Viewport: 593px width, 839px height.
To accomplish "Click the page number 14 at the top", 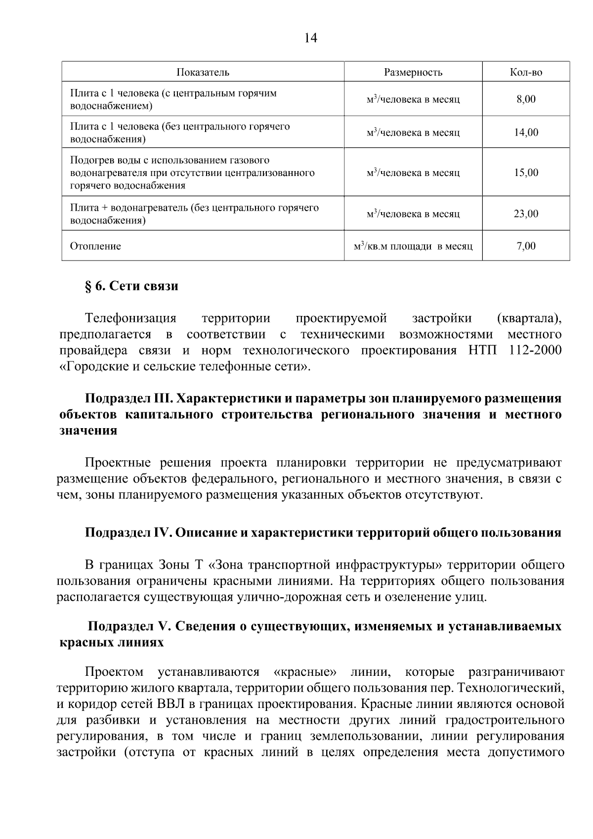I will (311, 38).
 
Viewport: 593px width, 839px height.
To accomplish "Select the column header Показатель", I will (203, 72).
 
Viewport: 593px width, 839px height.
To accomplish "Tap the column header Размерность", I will (413, 72).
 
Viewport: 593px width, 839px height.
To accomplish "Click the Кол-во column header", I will (526, 72).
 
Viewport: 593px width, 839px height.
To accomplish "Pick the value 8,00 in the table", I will (526, 99).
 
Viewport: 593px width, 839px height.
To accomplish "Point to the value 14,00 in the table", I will (526, 132).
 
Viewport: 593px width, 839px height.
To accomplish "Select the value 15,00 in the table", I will (526, 173).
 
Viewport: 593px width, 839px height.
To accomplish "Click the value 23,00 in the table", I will (526, 214).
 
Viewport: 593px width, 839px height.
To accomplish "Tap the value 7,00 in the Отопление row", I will (526, 246).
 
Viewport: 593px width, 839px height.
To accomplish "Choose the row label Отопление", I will (95, 246).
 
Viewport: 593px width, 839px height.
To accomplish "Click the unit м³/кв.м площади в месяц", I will (413, 246).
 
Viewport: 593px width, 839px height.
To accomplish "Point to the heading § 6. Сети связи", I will (131, 286).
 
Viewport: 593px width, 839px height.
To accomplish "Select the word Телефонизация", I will (130, 318).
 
